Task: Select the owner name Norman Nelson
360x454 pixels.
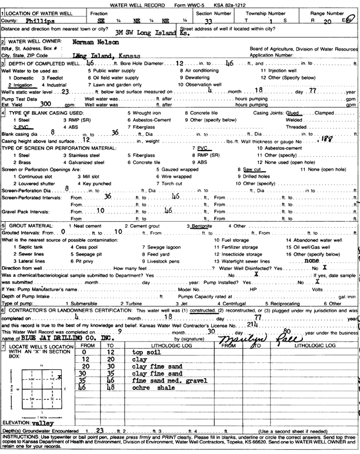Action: pos(93,42)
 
